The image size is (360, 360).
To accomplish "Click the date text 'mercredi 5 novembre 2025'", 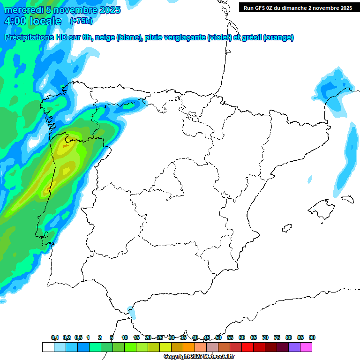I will click(x=62, y=10).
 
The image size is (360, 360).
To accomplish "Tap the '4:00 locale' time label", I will click(x=33, y=21).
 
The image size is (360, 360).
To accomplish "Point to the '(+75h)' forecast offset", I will click(x=81, y=21).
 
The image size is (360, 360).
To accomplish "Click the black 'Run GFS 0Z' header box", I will click(x=298, y=7).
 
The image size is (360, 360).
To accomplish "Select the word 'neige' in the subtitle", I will click(x=105, y=38).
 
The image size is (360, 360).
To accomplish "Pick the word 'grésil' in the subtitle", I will click(x=250, y=38).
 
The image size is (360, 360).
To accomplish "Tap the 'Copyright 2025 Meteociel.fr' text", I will click(x=199, y=357).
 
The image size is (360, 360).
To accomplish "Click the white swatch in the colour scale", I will click(x=48, y=347).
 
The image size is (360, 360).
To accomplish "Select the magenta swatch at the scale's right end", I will click(x=306, y=347).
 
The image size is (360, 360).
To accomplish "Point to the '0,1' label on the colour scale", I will click(x=55, y=338).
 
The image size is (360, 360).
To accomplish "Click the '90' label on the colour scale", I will click(x=312, y=338).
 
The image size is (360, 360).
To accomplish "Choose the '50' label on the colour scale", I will click(x=218, y=338).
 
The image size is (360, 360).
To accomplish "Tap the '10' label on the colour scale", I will click(x=125, y=338).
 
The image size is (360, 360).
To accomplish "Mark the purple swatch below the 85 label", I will click(x=294, y=347).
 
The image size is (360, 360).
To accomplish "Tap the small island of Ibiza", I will click(x=285, y=229).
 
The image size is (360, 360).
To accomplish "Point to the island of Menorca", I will click(x=347, y=199).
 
